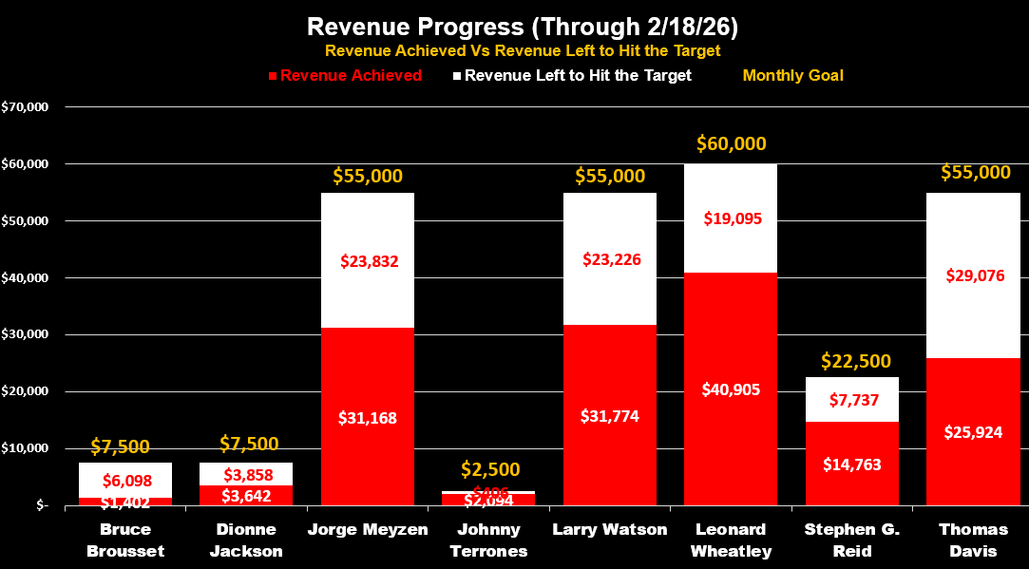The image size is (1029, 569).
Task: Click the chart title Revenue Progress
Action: pos(514,26)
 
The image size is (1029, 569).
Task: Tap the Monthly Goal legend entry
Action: pos(792,75)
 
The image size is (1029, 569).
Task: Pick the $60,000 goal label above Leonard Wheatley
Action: pos(731,143)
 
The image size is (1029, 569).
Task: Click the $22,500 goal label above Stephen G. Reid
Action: pos(851,361)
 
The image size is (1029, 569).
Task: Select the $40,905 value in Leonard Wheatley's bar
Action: pos(731,389)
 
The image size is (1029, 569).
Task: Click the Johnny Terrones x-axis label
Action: pos(488,540)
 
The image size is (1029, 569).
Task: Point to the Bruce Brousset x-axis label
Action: pos(124,540)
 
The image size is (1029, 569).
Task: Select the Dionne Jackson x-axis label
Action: pos(246,540)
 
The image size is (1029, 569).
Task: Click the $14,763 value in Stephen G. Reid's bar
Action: pos(852,465)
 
